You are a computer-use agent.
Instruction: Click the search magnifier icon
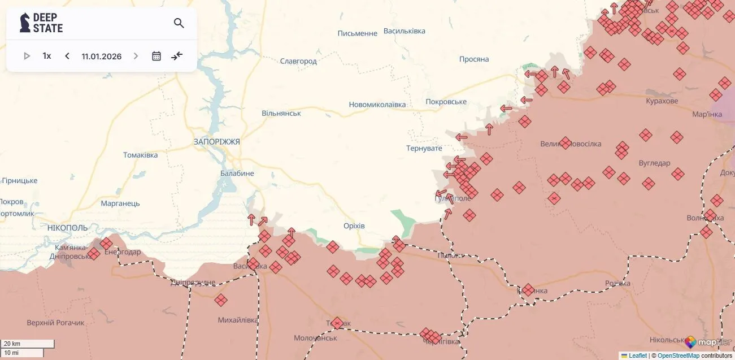[179, 23]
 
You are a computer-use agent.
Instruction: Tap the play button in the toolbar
[27, 56]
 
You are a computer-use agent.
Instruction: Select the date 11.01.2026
[102, 56]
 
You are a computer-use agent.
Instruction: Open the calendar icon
[156, 56]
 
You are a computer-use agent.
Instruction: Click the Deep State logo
[41, 23]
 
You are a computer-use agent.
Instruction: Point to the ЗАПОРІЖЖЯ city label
[216, 141]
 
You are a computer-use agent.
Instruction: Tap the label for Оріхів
[354, 225]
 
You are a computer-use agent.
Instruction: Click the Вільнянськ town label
[281, 113]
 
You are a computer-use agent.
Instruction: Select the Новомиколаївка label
[377, 105]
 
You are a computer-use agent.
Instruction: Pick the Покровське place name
[446, 102]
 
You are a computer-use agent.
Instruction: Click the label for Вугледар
[654, 163]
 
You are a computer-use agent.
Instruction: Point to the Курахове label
[662, 101]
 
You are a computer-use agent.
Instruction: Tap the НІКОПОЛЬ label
[68, 227]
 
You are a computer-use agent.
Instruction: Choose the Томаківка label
[141, 155]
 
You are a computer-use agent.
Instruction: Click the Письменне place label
[357, 33]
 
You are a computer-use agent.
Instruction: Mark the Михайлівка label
[238, 320]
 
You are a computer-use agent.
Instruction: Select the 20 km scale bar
[27, 344]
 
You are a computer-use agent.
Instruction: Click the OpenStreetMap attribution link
[678, 355]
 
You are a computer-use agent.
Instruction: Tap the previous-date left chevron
[67, 56]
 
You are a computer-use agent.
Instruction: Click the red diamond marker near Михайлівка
[221, 300]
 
